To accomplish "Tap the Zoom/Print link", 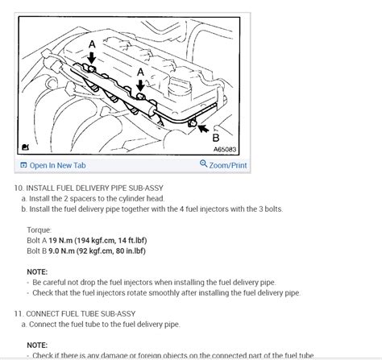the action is [x=228, y=165].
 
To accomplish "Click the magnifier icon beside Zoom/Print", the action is [x=203, y=163].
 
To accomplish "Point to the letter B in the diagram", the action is [x=216, y=138].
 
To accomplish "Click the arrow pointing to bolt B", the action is [x=203, y=128].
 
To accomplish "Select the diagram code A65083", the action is [x=225, y=149].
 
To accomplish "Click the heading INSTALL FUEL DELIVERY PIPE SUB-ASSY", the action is [x=94, y=188].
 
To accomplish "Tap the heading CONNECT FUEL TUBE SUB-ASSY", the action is [x=81, y=314].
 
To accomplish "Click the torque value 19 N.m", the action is [x=60, y=240].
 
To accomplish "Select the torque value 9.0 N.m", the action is [x=61, y=251].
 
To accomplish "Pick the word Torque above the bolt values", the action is [x=39, y=230].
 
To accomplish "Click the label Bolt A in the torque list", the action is [x=37, y=240].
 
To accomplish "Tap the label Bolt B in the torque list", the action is [x=37, y=251].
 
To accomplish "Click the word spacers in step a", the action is [x=83, y=199].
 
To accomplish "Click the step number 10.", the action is [x=19, y=188].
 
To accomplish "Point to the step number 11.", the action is [x=19, y=314].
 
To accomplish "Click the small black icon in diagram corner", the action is [x=25, y=147].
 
